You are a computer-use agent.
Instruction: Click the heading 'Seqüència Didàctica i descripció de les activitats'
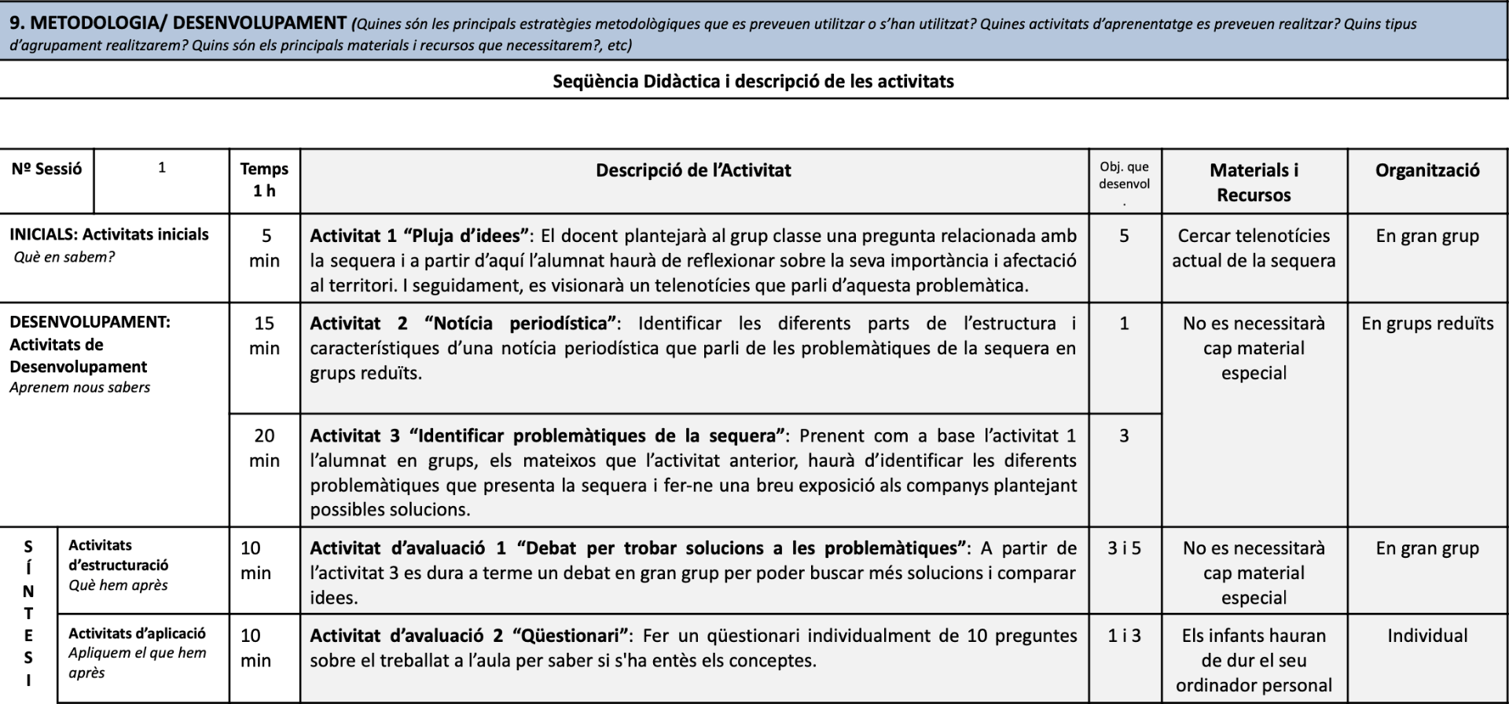click(753, 81)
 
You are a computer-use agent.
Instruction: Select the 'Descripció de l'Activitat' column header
click(693, 170)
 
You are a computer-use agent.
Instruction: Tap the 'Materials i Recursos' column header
click(1254, 182)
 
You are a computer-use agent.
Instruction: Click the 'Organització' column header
click(1427, 170)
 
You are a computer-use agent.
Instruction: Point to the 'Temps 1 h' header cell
click(264, 180)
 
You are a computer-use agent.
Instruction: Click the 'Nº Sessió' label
click(46, 169)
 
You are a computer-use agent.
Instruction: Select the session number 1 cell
click(162, 167)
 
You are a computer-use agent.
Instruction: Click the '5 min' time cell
click(265, 247)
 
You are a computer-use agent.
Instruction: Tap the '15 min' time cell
click(264, 335)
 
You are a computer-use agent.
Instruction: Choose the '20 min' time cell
click(264, 448)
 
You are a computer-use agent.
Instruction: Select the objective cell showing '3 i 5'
click(1124, 548)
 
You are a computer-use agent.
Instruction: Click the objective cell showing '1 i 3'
click(1124, 636)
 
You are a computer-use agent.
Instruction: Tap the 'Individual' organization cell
click(1427, 636)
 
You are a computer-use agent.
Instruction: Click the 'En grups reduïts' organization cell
click(1427, 324)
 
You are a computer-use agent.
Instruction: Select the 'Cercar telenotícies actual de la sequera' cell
click(1254, 248)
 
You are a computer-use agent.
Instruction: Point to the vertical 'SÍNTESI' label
click(28, 613)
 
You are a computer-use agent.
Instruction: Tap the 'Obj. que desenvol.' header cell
click(1124, 181)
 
